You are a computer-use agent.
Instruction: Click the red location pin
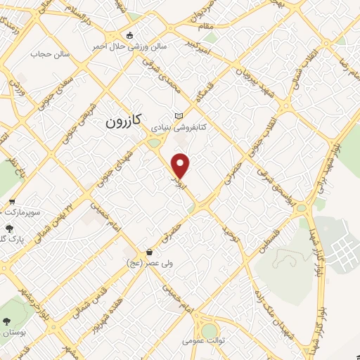pyautogui.click(x=181, y=165)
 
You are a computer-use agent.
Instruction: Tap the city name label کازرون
pyautogui.click(x=124, y=121)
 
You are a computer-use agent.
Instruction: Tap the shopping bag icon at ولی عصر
pyautogui.click(x=148, y=252)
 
